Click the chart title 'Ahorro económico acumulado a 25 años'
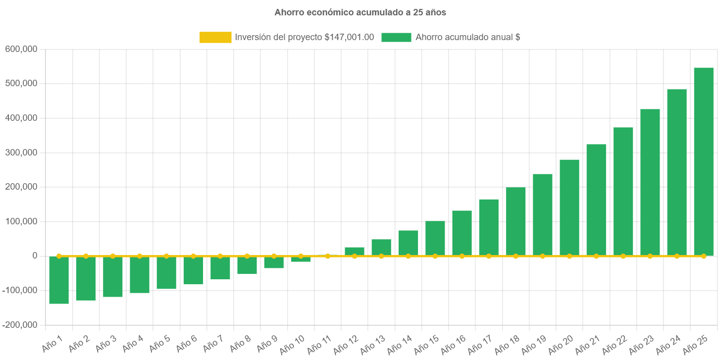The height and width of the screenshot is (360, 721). click(x=360, y=13)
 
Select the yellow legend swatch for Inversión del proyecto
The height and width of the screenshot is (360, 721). click(x=215, y=37)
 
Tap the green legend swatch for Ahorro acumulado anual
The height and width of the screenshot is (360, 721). click(x=396, y=37)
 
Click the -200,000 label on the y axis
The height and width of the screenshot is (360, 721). click(x=20, y=325)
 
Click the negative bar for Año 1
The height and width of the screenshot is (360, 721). click(x=59, y=280)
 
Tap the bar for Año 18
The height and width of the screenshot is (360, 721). click(x=515, y=221)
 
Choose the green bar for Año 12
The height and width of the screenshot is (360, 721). click(x=355, y=251)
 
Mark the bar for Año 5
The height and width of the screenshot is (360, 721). click(x=166, y=273)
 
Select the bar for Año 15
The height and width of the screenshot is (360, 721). click(x=435, y=238)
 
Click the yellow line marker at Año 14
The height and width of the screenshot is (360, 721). click(x=408, y=256)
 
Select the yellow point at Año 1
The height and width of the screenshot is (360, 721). click(x=59, y=256)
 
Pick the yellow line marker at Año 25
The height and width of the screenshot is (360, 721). click(x=703, y=256)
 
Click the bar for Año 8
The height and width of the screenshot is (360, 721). click(x=247, y=265)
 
